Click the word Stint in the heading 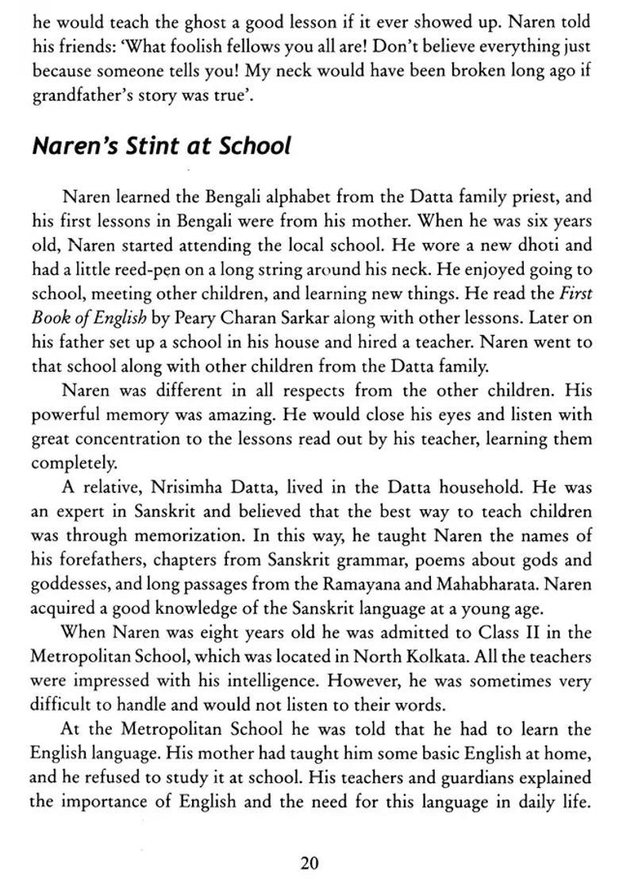(x=145, y=147)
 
